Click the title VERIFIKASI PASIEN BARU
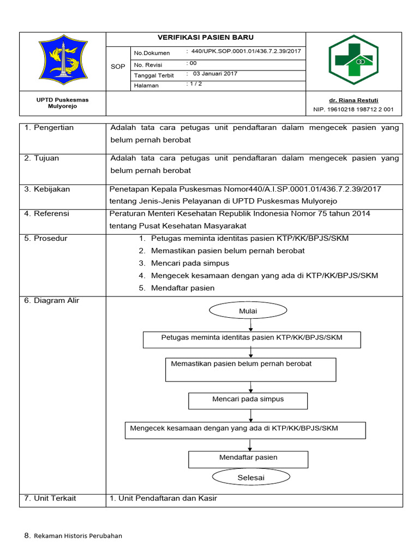tap(206, 38)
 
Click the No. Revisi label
tap(148, 65)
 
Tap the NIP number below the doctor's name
tap(353, 110)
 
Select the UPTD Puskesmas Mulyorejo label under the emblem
tap(62, 103)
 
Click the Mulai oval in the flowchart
tap(248, 311)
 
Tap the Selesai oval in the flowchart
tap(250, 478)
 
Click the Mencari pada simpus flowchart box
tap(248, 400)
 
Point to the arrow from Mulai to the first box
tap(250, 325)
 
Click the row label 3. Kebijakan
tap(48, 189)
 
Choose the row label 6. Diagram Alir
tap(52, 301)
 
